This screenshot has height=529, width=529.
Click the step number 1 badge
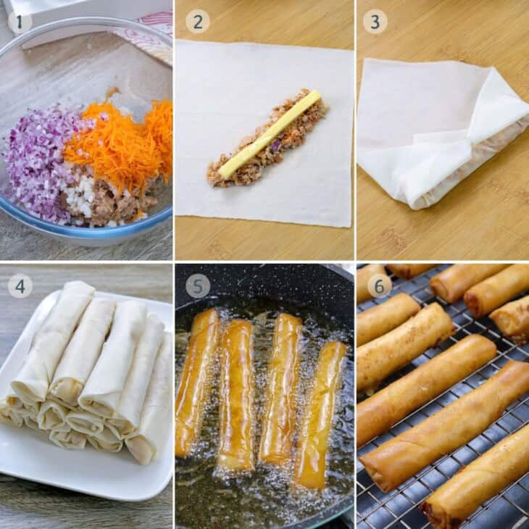click(20, 22)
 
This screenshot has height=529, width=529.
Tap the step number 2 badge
click(198, 22)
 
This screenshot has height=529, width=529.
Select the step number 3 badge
click(375, 22)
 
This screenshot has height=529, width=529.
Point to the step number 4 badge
click(20, 286)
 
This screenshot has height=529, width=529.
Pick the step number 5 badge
click(198, 286)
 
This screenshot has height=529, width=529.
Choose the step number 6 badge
click(380, 286)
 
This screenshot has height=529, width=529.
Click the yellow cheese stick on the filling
click(270, 133)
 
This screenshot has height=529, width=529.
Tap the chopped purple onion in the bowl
click(37, 162)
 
